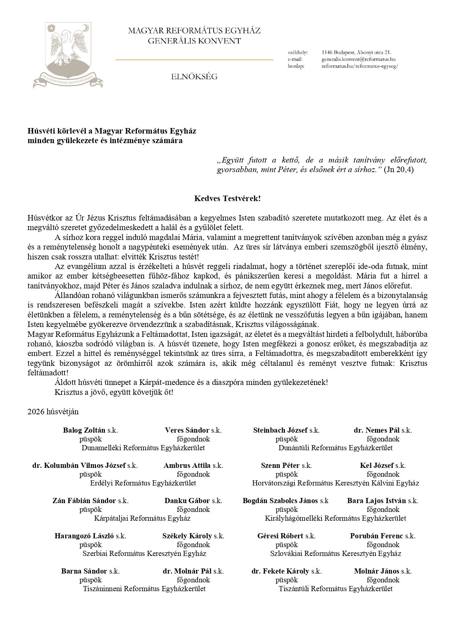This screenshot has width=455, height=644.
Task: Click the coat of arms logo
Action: click(x=68, y=55)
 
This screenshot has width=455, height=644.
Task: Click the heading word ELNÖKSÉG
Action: click(x=194, y=77)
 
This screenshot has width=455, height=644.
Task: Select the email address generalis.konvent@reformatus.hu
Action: click(x=358, y=59)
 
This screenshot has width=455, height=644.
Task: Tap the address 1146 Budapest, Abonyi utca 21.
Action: click(x=356, y=52)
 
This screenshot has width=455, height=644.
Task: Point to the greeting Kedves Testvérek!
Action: click(x=227, y=199)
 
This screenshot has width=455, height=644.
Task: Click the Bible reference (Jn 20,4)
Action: click(x=399, y=170)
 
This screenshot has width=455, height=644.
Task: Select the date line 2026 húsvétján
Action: click(x=53, y=411)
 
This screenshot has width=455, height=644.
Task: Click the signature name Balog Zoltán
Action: click(x=84, y=430)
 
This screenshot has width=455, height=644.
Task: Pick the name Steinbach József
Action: click(x=280, y=430)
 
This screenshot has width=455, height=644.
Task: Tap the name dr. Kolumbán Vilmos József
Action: click(x=79, y=465)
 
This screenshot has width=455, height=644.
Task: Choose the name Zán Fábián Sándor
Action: click(x=84, y=501)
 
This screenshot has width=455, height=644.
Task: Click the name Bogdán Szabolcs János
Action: click(x=280, y=501)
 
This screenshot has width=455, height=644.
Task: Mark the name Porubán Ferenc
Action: click(x=377, y=536)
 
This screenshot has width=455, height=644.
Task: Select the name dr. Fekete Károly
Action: click(x=280, y=571)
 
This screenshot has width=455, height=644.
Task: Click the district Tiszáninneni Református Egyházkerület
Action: click(x=144, y=589)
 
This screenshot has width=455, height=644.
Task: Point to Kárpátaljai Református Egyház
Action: click(x=142, y=518)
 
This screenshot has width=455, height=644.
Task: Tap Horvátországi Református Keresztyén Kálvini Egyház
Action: click(x=335, y=483)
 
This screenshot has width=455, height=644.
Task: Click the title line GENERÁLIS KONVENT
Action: click(x=194, y=41)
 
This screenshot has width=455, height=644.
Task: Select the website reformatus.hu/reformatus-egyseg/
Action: click(x=360, y=66)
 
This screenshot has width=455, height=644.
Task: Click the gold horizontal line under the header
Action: click(x=194, y=59)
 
